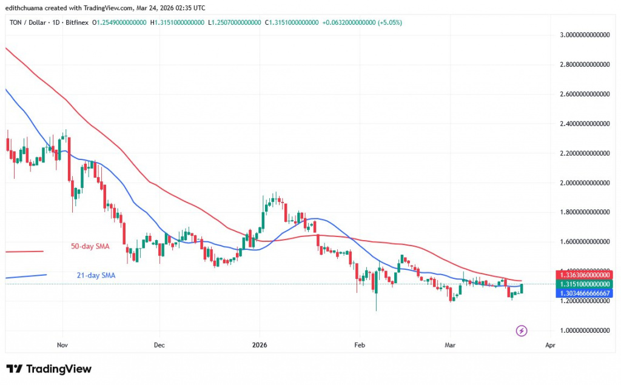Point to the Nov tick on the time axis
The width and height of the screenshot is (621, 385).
(x=62, y=344)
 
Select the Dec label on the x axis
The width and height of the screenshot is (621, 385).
(x=159, y=344)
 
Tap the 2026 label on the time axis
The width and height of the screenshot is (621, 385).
(x=259, y=344)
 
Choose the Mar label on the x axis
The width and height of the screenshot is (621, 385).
(x=450, y=344)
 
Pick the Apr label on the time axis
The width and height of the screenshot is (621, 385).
(x=549, y=344)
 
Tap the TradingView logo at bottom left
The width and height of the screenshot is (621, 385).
(x=49, y=369)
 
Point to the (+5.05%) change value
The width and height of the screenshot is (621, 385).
(x=388, y=22)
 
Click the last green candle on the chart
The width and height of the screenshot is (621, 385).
(x=522, y=288)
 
